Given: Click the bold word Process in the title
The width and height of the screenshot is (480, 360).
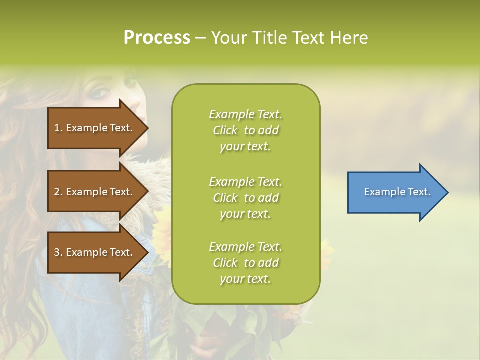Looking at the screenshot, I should pyautogui.click(x=157, y=37).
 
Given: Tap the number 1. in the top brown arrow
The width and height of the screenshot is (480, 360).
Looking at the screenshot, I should pyautogui.click(x=58, y=128).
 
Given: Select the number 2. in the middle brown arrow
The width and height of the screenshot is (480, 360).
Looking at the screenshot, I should pyautogui.click(x=58, y=192).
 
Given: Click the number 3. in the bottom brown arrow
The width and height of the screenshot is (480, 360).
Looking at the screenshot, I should pyautogui.click(x=58, y=252).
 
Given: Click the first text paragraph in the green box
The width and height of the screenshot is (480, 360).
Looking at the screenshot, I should pyautogui.click(x=245, y=130).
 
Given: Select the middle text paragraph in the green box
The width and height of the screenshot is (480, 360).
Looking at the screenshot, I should pyautogui.click(x=245, y=197).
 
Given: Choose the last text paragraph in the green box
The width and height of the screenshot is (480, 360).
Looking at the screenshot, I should pyautogui.click(x=245, y=262).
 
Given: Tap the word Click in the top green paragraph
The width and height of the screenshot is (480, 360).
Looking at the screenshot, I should pyautogui.click(x=225, y=130).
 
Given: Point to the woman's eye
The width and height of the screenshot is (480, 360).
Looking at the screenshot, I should pyautogui.click(x=102, y=92).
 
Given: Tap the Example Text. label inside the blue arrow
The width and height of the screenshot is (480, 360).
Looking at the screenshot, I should pyautogui.click(x=397, y=192).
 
